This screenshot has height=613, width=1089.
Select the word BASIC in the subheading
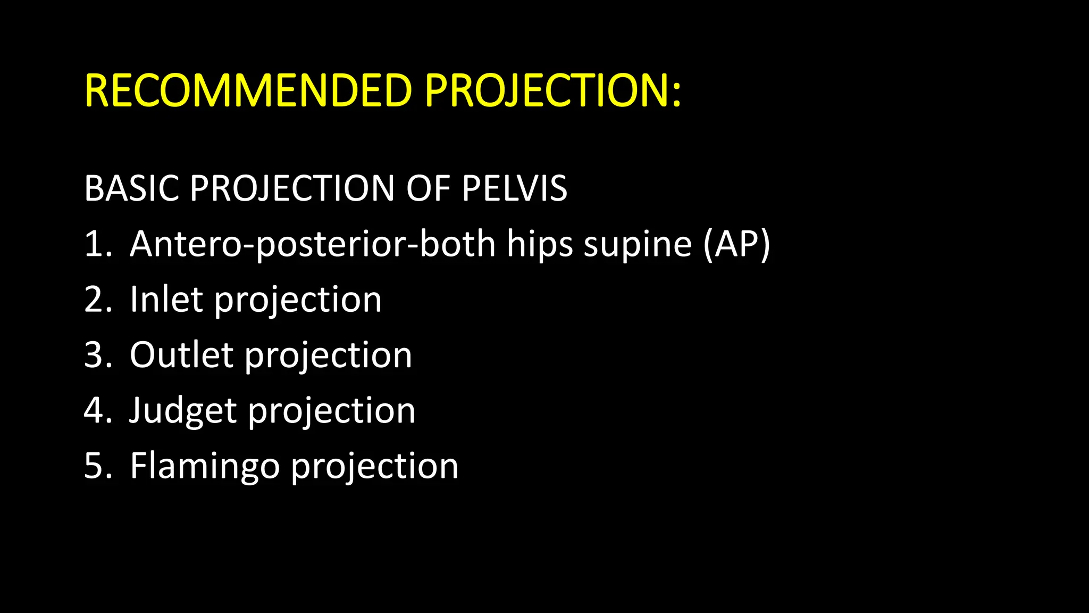click(x=131, y=188)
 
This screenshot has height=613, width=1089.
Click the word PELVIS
click(x=514, y=188)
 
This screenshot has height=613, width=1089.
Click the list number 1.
click(x=97, y=244)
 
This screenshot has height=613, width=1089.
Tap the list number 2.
click(x=98, y=300)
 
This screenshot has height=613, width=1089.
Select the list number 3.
click(x=98, y=355)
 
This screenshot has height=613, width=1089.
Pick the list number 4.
click(x=98, y=410)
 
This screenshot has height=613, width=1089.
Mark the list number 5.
click(x=98, y=466)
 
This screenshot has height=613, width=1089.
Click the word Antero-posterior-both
click(x=313, y=244)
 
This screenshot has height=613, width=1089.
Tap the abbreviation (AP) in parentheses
click(x=736, y=244)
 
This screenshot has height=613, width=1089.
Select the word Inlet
click(x=166, y=300)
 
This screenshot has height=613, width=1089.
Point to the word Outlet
click(x=181, y=355)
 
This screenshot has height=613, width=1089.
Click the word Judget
click(x=183, y=411)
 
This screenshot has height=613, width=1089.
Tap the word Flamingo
click(x=205, y=467)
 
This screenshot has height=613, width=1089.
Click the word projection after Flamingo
click(x=374, y=467)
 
